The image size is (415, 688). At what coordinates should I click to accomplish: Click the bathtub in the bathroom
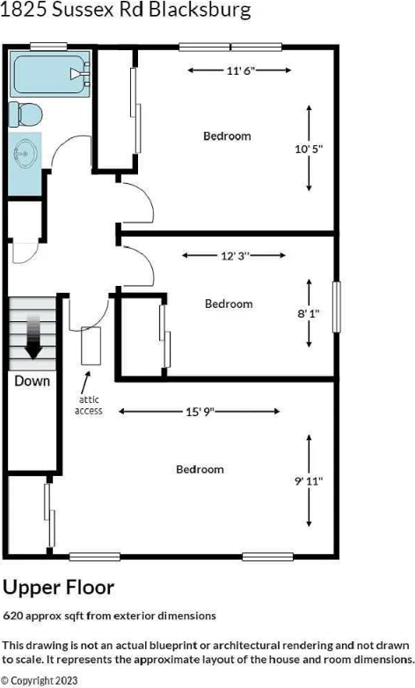tap(50, 75)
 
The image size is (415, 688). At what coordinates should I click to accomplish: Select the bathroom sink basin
tap(25, 155)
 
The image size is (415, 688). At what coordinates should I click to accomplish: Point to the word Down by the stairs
tap(32, 381)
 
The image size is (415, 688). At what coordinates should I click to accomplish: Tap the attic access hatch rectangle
tap(91, 346)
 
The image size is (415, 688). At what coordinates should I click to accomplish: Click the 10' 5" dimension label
tap(309, 149)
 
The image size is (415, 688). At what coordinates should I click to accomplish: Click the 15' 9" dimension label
tap(200, 411)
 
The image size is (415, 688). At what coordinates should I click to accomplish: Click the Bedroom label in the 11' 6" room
tap(227, 135)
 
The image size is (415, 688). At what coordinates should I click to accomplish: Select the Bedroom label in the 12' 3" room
tap(229, 304)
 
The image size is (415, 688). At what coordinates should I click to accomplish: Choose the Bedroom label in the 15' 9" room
tap(200, 469)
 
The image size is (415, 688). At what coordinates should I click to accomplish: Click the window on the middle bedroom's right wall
tap(335, 306)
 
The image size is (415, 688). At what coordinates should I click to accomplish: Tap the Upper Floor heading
tap(58, 586)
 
